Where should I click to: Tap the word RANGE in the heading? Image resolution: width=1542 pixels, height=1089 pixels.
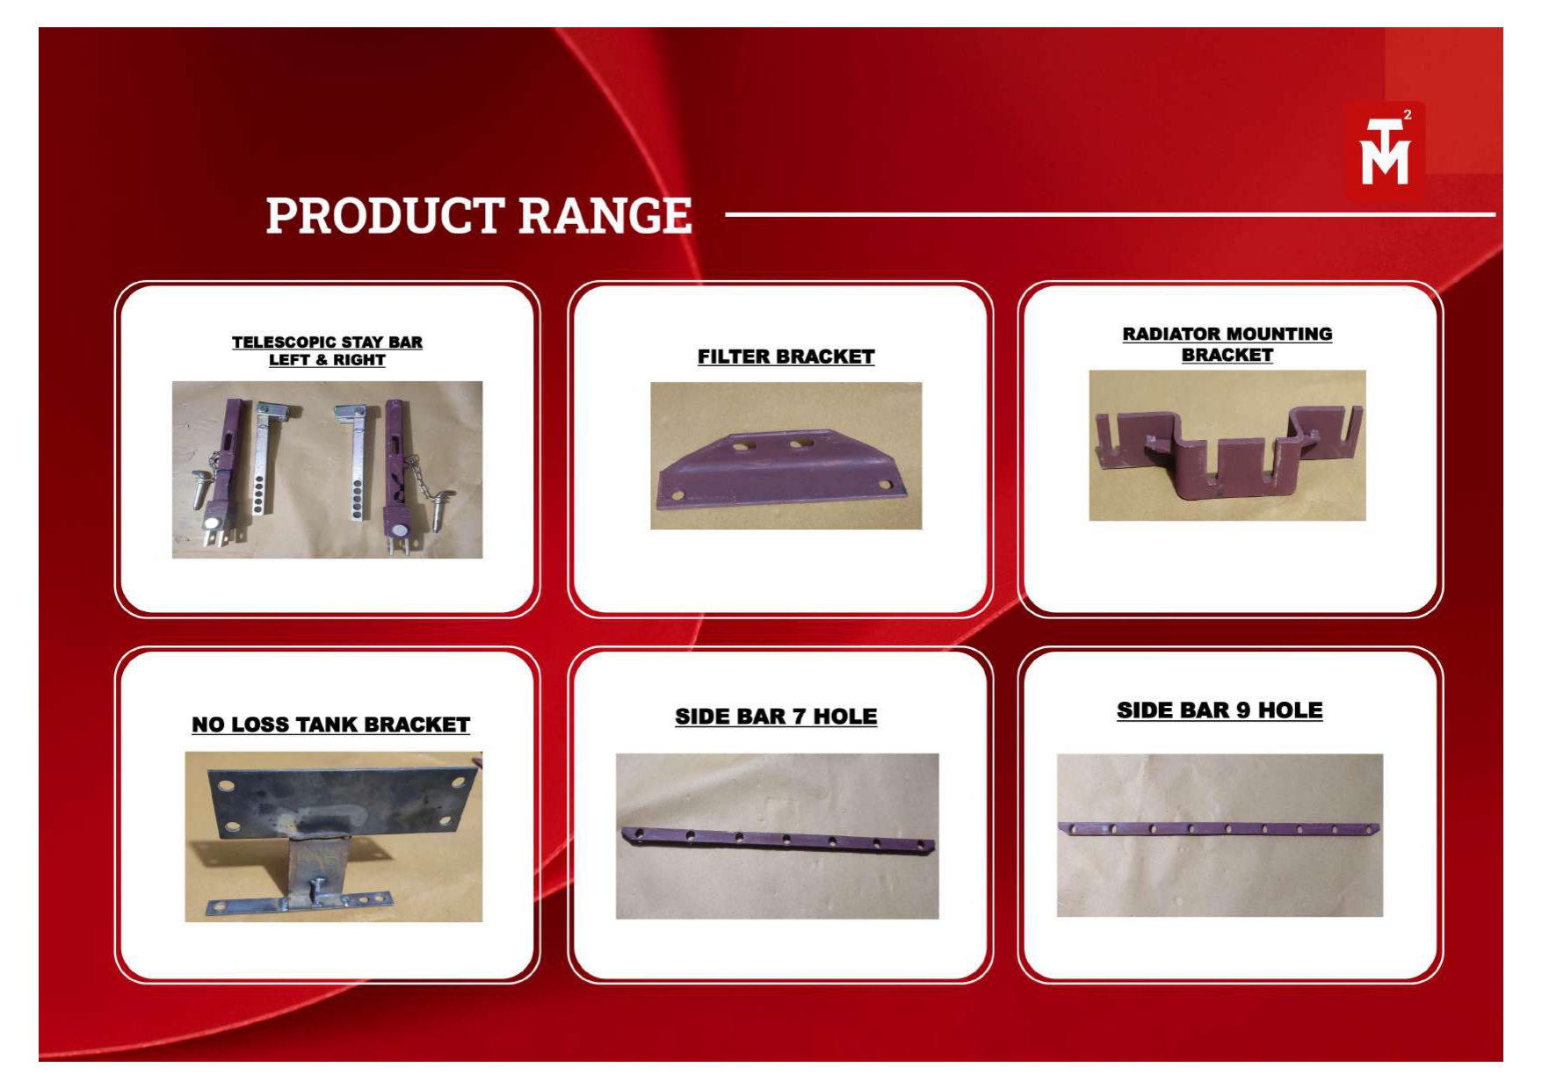point(604,216)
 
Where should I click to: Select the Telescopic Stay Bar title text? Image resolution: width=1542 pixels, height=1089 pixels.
point(327,351)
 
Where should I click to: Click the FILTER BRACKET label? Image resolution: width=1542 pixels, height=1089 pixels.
point(785,357)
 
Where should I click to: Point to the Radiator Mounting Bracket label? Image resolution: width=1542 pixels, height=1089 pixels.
point(1227,344)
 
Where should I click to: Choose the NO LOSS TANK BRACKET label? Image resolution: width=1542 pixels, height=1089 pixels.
point(330,725)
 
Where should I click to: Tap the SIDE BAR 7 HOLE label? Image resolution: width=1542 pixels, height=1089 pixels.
point(776,717)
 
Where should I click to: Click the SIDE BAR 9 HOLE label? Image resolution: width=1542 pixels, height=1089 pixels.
point(1220,710)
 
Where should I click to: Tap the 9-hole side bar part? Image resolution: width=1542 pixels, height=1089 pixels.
point(1219,828)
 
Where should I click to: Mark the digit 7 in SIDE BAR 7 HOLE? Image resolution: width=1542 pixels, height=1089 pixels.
point(799,717)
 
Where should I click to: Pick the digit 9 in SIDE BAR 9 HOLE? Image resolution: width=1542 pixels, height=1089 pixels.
point(1242,710)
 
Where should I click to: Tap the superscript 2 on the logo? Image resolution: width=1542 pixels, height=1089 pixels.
point(1408,115)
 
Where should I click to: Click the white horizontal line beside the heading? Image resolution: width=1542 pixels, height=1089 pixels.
point(1111,213)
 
